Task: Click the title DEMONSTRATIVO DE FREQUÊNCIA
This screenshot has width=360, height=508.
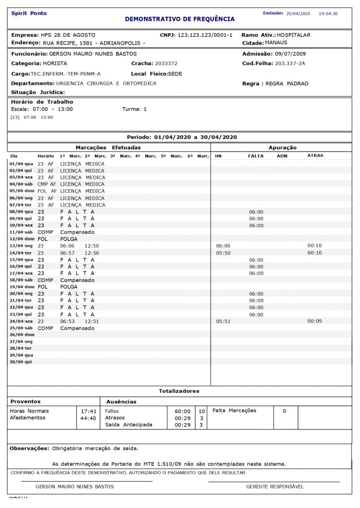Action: pyautogui.click(x=180, y=19)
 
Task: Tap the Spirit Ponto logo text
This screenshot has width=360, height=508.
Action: pyautogui.click(x=29, y=13)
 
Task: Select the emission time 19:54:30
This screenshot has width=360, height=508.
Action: pyautogui.click(x=328, y=14)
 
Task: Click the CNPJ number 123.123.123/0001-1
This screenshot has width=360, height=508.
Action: pyautogui.click(x=205, y=36)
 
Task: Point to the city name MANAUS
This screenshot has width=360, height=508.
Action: pyautogui.click(x=276, y=43)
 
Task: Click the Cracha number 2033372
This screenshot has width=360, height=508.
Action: pyautogui.click(x=166, y=63)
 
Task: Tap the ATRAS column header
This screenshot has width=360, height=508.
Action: pyautogui.click(x=315, y=156)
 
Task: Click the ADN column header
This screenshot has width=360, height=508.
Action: pyautogui.click(x=282, y=156)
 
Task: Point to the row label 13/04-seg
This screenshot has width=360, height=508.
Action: pyautogui.click(x=22, y=246)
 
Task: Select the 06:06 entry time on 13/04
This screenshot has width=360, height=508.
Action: pyautogui.click(x=67, y=246)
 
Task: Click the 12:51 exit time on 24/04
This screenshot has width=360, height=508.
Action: pyautogui.click(x=92, y=321)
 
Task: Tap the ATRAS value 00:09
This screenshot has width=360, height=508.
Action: pyautogui.click(x=315, y=321)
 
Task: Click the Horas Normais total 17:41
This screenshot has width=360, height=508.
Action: pyautogui.click(x=88, y=411)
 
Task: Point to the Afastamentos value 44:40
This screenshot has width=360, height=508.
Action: pyautogui.click(x=88, y=418)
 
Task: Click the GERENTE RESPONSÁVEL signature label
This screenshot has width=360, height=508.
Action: pyautogui.click(x=275, y=487)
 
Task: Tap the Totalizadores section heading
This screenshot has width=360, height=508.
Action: pyautogui.click(x=179, y=391)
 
